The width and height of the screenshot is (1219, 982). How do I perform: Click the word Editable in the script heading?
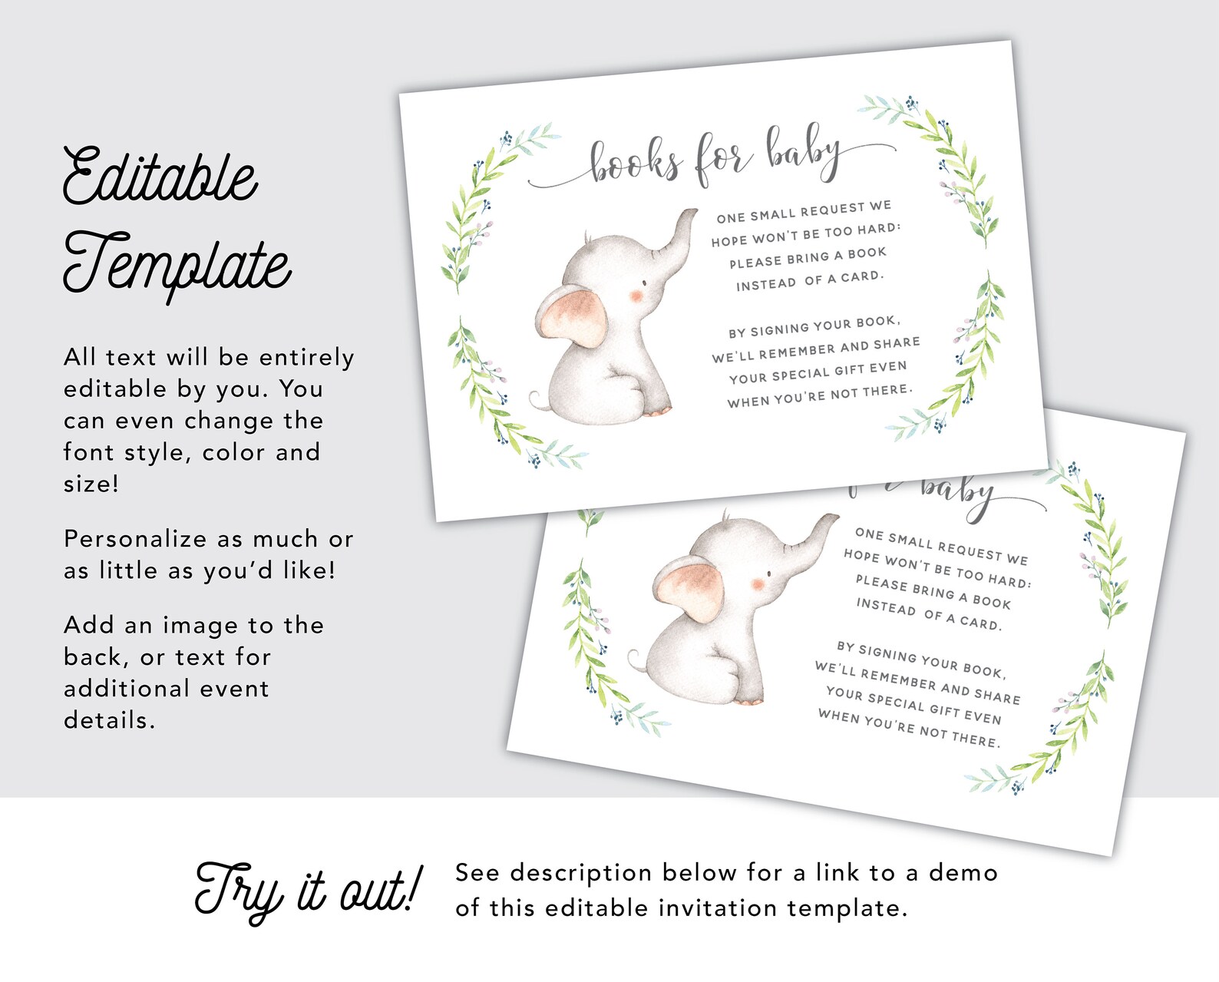(x=160, y=177)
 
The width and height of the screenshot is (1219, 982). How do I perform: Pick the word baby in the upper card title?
(x=803, y=150)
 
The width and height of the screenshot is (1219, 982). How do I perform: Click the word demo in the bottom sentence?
(x=963, y=873)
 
